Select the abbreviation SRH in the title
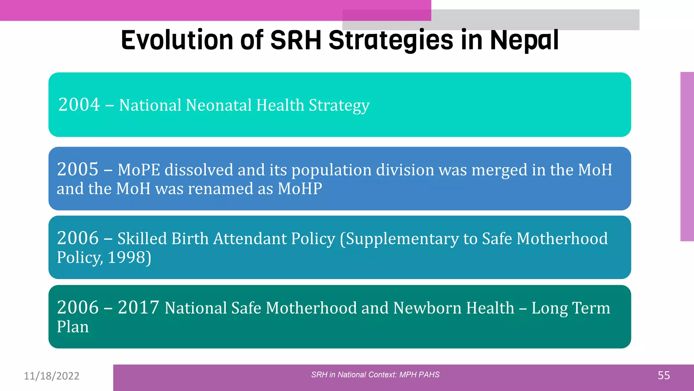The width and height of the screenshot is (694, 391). click(295, 40)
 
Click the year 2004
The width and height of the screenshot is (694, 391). click(79, 105)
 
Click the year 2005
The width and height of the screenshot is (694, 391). click(78, 169)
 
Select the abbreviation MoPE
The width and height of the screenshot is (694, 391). click(139, 170)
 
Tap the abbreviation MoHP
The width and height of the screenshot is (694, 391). click(300, 189)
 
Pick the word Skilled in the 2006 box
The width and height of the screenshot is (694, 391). click(142, 239)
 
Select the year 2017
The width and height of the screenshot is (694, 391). click(138, 308)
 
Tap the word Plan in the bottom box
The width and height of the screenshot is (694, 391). click(73, 327)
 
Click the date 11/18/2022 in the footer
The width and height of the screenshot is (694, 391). click(52, 376)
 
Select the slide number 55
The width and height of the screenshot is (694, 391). click(664, 375)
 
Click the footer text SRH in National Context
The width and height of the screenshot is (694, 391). click(353, 375)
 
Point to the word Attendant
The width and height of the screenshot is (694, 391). click(250, 239)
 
